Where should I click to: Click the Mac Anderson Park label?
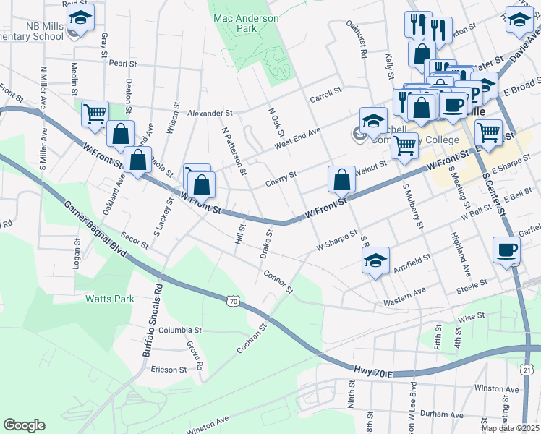pyautogui.click(x=235, y=22)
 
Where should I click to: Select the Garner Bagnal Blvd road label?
pyautogui.click(x=96, y=231)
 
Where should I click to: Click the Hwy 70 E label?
pyautogui.click(x=373, y=372)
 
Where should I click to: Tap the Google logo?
pyautogui.click(x=24, y=425)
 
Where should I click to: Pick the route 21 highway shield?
pyautogui.click(x=527, y=370)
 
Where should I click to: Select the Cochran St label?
pyautogui.click(x=252, y=338)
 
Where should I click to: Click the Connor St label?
pyautogui.click(x=278, y=282)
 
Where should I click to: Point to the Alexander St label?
pyautogui.click(x=209, y=114)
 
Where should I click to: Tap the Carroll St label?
pyautogui.click(x=325, y=93)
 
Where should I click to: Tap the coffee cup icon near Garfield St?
pyautogui.click(x=506, y=251)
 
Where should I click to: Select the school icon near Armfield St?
pyautogui.click(x=375, y=261)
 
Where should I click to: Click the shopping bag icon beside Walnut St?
pyautogui.click(x=341, y=179)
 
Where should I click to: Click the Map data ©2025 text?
pyautogui.click(x=510, y=427)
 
